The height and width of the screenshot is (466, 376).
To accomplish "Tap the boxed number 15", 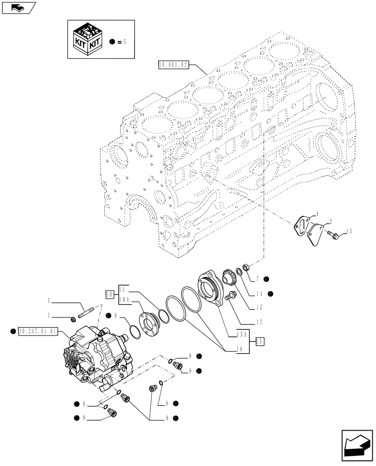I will [x=261, y=342].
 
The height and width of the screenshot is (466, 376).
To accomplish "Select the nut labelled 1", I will [x=74, y=319].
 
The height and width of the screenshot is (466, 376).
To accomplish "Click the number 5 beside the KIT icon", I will [x=125, y=41].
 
